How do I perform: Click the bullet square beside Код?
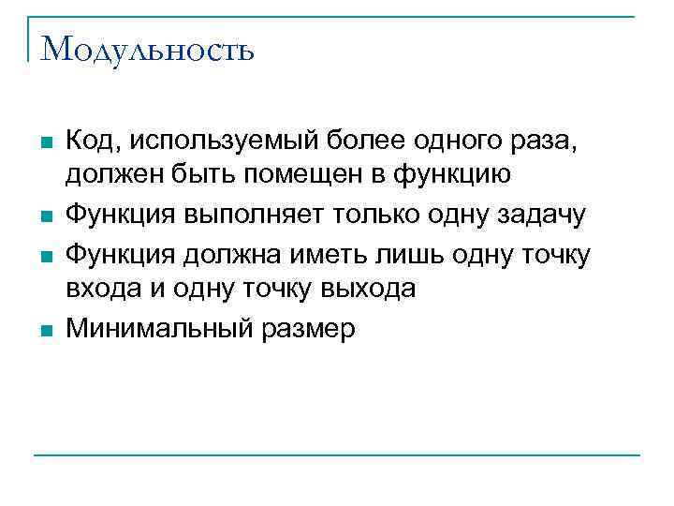(47, 142)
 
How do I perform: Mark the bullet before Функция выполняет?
(47, 216)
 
